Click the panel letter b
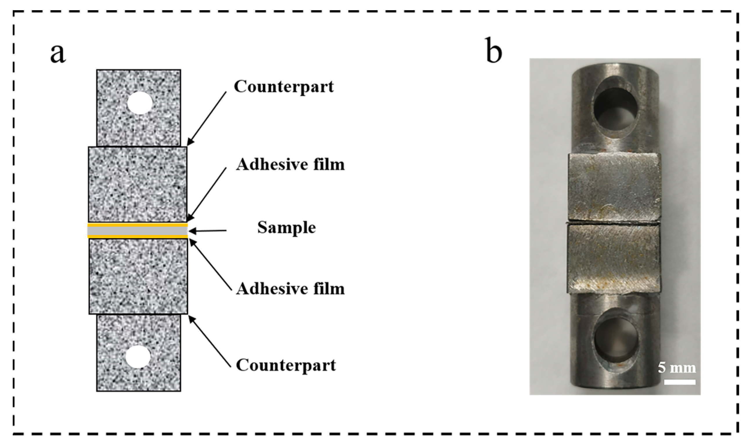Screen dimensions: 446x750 click(493, 50)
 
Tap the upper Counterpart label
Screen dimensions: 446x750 click(284, 86)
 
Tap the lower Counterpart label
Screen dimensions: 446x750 click(285, 365)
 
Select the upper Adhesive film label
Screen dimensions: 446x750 click(290, 164)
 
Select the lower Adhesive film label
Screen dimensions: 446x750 click(290, 289)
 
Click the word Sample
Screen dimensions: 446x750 click(286, 228)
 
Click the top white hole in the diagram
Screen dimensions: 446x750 click(140, 103)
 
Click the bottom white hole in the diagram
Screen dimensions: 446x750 click(138, 357)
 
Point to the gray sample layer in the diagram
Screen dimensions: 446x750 click(137, 231)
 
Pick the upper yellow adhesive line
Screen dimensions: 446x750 click(137, 225)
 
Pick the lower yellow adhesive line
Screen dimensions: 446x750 click(137, 237)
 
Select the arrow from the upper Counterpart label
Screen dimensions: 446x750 click(207, 118)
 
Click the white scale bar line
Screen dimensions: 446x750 click(680, 382)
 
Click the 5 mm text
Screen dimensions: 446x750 click(677, 368)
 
